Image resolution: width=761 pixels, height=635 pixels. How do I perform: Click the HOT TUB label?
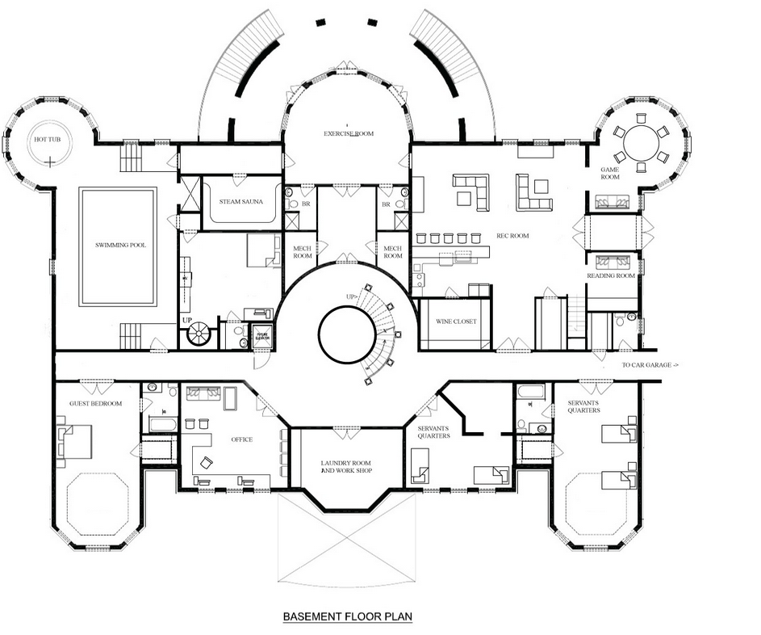pos(47,140)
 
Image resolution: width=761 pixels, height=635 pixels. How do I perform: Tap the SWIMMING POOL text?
pos(120,245)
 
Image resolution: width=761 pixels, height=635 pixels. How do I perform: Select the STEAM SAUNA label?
pos(240,201)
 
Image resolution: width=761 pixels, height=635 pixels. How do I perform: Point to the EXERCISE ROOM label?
pos(349,133)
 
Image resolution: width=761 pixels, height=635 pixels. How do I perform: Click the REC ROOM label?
pos(512,236)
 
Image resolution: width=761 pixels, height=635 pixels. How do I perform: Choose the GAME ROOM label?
pos(610,174)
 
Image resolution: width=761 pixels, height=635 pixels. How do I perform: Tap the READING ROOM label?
pos(611,275)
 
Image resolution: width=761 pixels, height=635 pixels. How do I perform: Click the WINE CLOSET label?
pos(456,322)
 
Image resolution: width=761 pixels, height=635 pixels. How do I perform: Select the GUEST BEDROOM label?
pos(95,403)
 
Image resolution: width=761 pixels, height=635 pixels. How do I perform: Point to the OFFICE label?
pos(241,439)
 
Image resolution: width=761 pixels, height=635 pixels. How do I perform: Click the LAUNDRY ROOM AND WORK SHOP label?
pos(346,467)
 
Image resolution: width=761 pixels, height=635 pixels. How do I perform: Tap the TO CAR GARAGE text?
pos(650,365)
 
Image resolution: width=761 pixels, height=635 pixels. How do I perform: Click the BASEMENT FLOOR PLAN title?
pos(348,617)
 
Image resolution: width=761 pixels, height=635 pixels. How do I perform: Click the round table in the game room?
pos(641,143)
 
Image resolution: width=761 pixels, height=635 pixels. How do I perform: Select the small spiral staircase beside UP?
pos(198,334)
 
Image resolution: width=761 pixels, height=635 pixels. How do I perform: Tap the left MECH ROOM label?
pos(303,252)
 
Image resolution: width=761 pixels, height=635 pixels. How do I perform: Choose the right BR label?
pos(386,204)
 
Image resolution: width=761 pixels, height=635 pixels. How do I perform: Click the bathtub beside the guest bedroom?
pos(164,423)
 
